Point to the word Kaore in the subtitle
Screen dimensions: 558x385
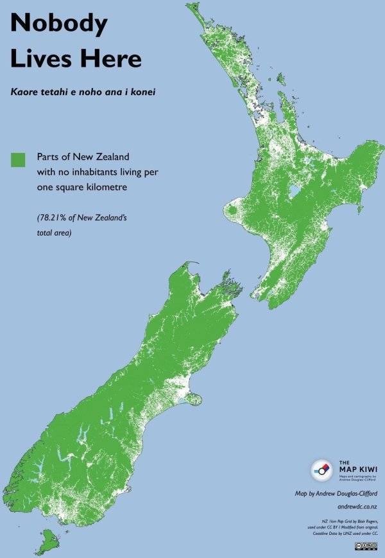pyautogui.click(x=25, y=92)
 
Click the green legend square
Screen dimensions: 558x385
pyautogui.click(x=18, y=160)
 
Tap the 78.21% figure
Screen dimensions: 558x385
pyautogui.click(x=51, y=218)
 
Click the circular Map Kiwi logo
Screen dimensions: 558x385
pyautogui.click(x=321, y=470)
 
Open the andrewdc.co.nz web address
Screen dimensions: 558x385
pyautogui.click(x=357, y=507)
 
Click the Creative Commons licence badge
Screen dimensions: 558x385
pyautogui.click(x=366, y=545)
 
